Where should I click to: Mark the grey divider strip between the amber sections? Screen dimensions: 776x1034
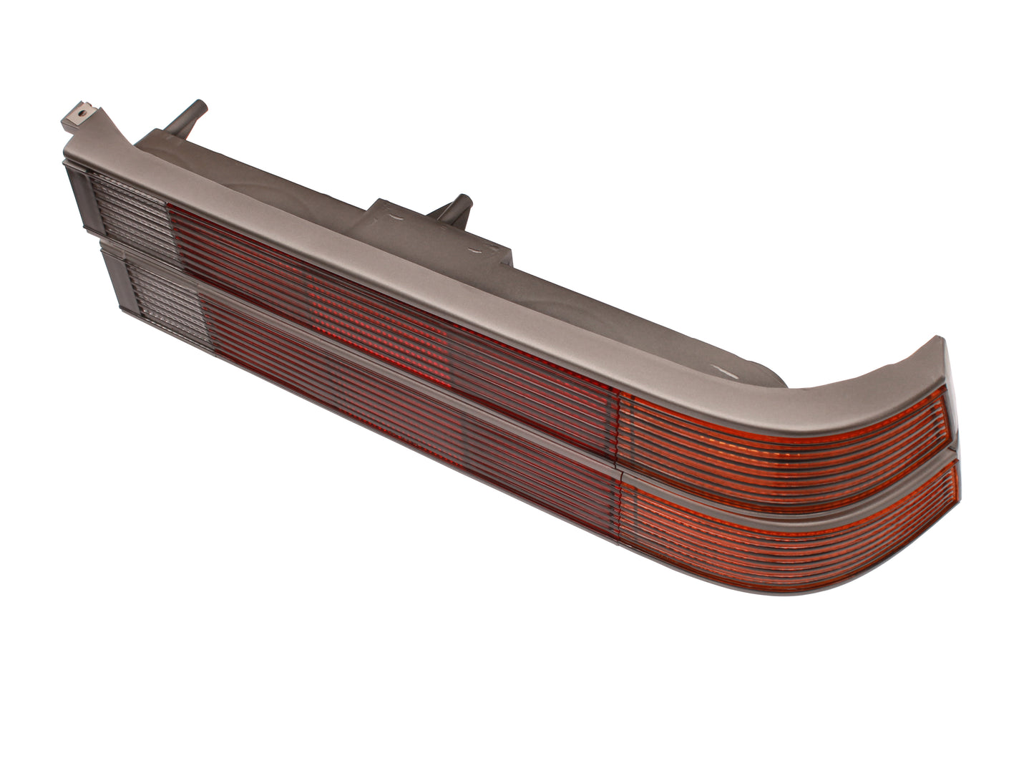[787, 487]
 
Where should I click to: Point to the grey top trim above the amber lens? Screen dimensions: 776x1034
[823, 372]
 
